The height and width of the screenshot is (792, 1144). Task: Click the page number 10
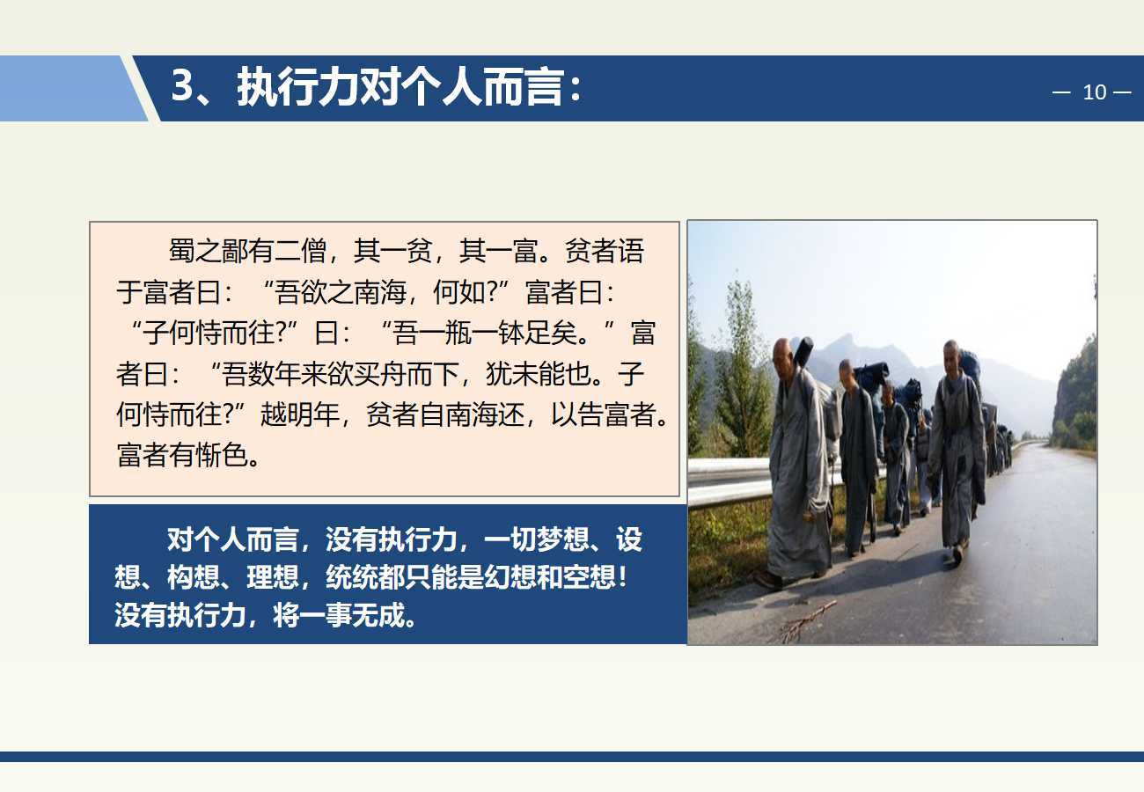pos(1095,92)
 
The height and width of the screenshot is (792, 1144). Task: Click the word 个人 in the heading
pos(441,87)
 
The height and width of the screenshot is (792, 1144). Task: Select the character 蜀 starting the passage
pos(181,251)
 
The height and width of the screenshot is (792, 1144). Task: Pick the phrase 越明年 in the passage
pos(300,414)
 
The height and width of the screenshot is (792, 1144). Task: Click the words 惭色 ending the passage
pos(222,455)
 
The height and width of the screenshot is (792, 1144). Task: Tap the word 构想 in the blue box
pos(194,577)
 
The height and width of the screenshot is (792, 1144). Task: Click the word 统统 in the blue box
pos(352,577)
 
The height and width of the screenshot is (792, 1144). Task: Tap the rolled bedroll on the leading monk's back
pos(801,352)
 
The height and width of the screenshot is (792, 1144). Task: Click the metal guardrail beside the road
pos(730,480)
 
